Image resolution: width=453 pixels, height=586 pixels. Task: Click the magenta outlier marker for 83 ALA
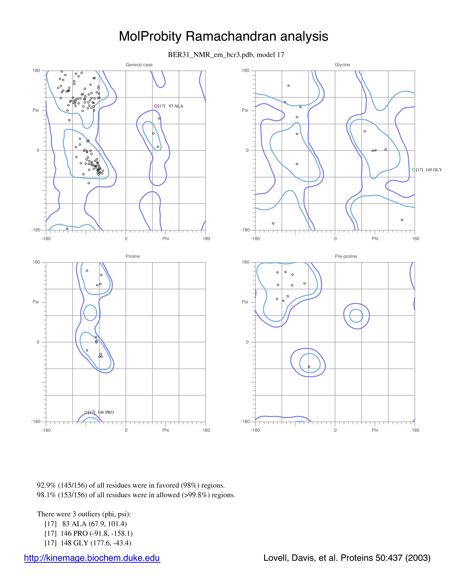[156, 106]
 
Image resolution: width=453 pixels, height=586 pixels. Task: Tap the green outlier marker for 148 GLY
[414, 170]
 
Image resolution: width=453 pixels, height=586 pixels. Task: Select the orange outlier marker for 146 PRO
[86, 412]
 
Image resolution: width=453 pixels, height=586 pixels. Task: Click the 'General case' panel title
[139, 65]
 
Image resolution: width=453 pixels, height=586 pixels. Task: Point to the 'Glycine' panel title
[343, 65]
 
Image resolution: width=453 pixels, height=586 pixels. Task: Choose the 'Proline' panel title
[133, 256]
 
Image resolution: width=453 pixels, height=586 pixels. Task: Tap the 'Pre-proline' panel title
[346, 256]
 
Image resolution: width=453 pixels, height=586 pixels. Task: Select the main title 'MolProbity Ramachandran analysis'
[223, 36]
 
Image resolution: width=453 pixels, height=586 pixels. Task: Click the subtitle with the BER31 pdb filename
[226, 55]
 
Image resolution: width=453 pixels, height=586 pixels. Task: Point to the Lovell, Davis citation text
[347, 558]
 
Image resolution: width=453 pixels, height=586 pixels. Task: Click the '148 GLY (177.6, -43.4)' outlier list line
[88, 543]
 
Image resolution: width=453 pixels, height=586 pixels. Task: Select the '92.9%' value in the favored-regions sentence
[46, 485]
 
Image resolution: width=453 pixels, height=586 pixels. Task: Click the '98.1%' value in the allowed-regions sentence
[46, 495]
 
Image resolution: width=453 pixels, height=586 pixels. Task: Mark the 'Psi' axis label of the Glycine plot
[245, 110]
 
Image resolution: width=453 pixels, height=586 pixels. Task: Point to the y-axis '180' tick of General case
[36, 70]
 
